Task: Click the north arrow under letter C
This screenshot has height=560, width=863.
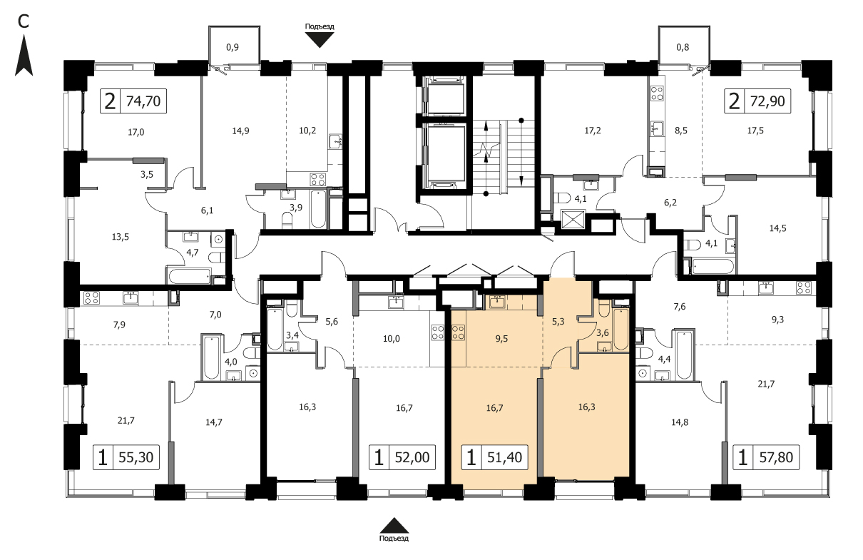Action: tap(24, 56)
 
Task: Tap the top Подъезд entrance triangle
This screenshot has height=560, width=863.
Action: tap(320, 40)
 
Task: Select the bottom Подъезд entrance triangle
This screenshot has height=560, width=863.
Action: tap(394, 526)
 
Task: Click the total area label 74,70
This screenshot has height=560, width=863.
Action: tap(143, 101)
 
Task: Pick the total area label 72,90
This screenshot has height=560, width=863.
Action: tap(767, 101)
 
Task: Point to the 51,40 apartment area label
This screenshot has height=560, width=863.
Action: tap(505, 457)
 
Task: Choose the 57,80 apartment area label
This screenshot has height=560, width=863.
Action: tap(776, 457)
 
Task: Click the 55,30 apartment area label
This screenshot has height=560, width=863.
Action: tap(136, 457)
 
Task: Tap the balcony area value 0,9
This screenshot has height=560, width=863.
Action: tap(233, 47)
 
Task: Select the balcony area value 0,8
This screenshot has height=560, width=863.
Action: tap(683, 47)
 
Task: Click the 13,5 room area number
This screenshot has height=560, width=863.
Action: tap(121, 237)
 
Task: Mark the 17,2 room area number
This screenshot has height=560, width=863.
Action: tap(593, 131)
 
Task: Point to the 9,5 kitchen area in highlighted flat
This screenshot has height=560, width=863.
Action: tap(501, 339)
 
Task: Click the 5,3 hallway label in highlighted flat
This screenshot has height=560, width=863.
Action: tap(558, 322)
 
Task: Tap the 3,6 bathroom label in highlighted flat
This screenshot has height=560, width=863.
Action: tap(602, 333)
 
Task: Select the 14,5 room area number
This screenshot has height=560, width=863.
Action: tap(778, 228)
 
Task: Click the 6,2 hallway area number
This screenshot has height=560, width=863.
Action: tap(670, 203)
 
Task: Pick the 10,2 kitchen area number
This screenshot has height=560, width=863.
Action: tap(307, 131)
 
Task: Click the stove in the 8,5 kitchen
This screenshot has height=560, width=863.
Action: tap(657, 93)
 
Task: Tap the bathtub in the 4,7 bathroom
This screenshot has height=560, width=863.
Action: tap(189, 276)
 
